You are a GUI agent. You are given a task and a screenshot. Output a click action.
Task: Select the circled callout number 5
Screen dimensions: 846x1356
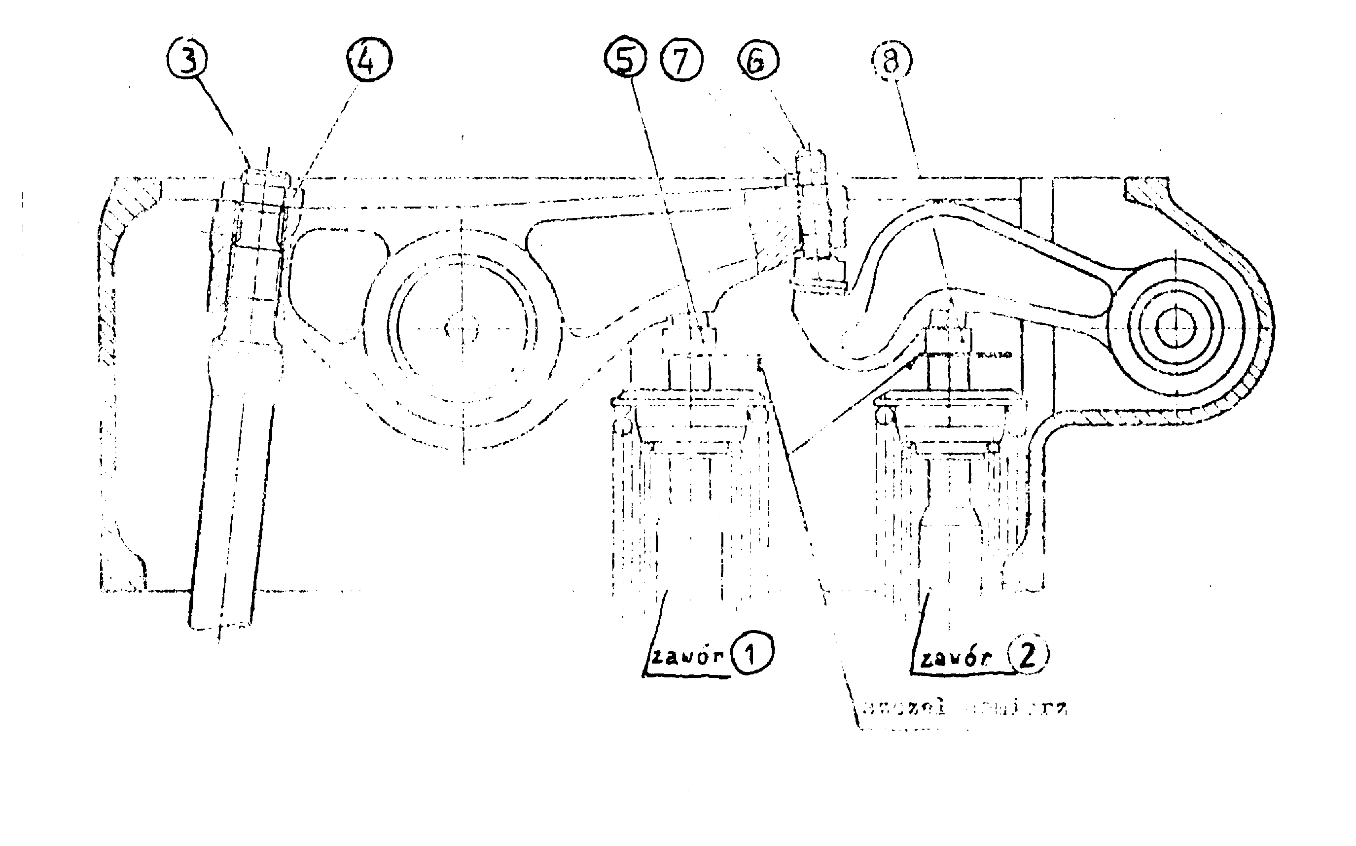click(x=625, y=59)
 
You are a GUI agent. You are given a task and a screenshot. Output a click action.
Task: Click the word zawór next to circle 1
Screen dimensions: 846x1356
click(x=687, y=656)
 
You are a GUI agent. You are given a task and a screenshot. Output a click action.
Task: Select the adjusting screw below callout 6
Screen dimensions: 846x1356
click(x=818, y=274)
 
